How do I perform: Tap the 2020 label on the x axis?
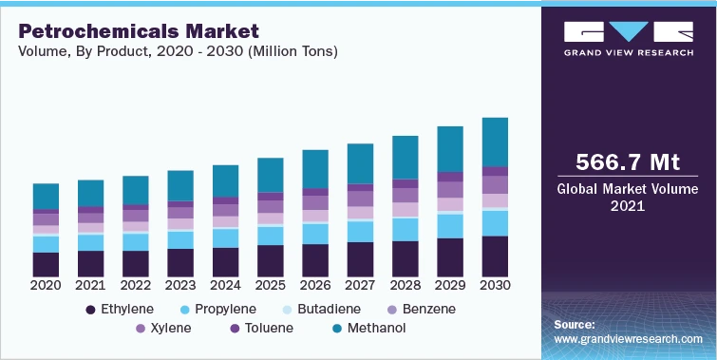click(46, 285)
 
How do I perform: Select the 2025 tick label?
click(271, 285)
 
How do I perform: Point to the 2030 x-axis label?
click(495, 285)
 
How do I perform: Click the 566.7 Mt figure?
click(628, 161)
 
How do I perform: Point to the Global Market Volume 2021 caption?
click(628, 197)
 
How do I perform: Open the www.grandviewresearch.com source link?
click(628, 339)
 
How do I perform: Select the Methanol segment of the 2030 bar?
click(495, 142)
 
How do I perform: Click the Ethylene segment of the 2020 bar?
click(46, 264)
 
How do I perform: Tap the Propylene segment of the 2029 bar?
click(450, 226)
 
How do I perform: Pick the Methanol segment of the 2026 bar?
click(315, 168)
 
